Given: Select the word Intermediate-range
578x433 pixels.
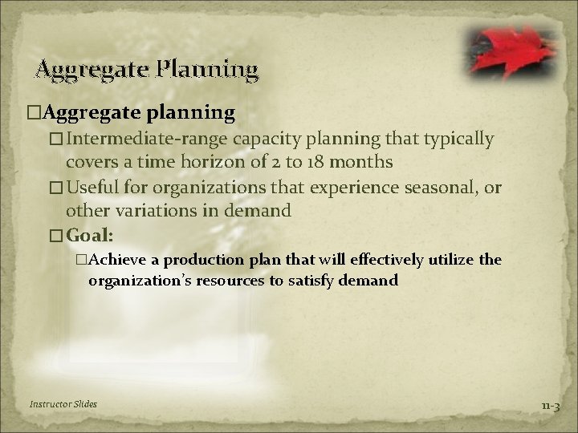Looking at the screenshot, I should coord(128,139).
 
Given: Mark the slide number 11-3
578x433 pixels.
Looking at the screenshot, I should coord(551,405).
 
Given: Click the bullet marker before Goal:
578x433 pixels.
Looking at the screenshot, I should coord(55,237).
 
